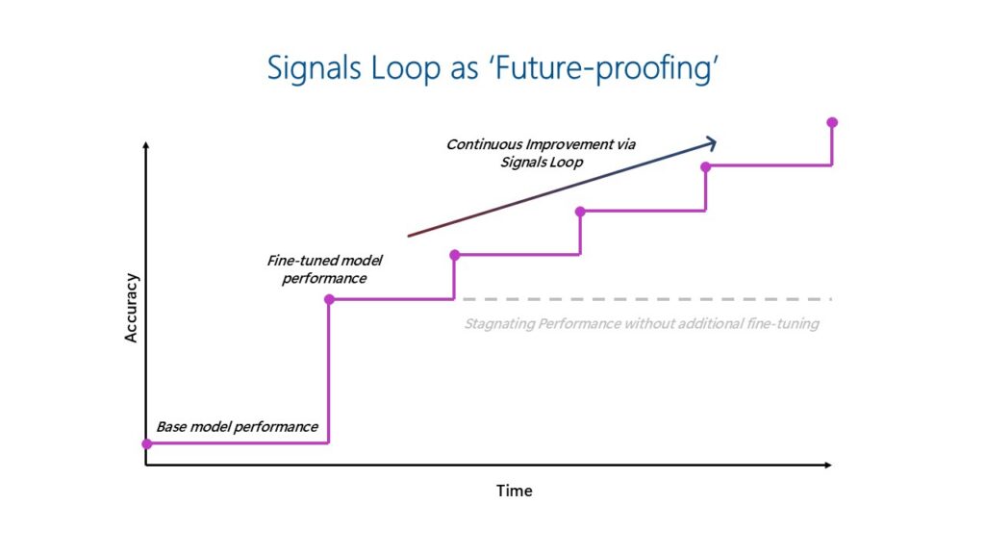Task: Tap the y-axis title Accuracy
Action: (132, 309)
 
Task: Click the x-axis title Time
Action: (514, 491)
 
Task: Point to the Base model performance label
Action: (237, 426)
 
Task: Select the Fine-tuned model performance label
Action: (316, 269)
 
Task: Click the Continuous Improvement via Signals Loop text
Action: (541, 153)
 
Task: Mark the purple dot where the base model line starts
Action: (146, 443)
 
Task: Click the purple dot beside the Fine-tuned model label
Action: (329, 300)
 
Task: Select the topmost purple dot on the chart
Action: (832, 122)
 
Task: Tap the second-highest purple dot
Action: (706, 166)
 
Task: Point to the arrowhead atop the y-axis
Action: (145, 145)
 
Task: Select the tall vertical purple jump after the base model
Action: (329, 375)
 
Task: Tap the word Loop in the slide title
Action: (395, 68)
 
